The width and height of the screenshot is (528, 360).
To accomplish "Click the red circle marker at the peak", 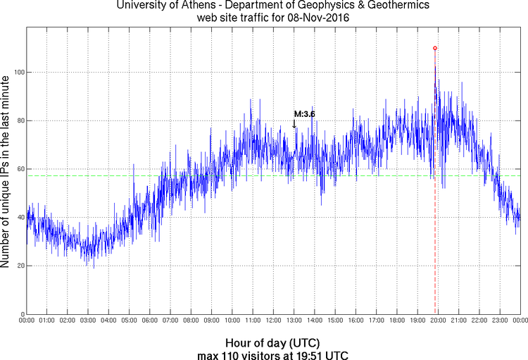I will [435, 48].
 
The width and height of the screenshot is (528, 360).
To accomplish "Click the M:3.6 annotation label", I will [304, 113].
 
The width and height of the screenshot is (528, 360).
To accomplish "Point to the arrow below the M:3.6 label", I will [294, 124].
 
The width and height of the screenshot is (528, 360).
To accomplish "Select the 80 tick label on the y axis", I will [19, 120].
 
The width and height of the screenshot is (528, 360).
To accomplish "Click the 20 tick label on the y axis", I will [19, 266].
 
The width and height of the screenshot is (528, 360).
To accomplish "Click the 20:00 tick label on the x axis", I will [438, 321].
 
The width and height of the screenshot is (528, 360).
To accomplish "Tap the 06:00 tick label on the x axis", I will [150, 321].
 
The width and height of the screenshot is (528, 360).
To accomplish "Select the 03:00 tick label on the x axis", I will [88, 321].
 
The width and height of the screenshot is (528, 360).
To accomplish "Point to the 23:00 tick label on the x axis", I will [500, 321].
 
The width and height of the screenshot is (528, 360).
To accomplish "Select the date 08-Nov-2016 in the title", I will [318, 18].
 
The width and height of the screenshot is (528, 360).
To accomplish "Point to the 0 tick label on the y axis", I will [21, 314].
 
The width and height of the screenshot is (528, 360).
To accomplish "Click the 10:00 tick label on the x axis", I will [232, 321].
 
